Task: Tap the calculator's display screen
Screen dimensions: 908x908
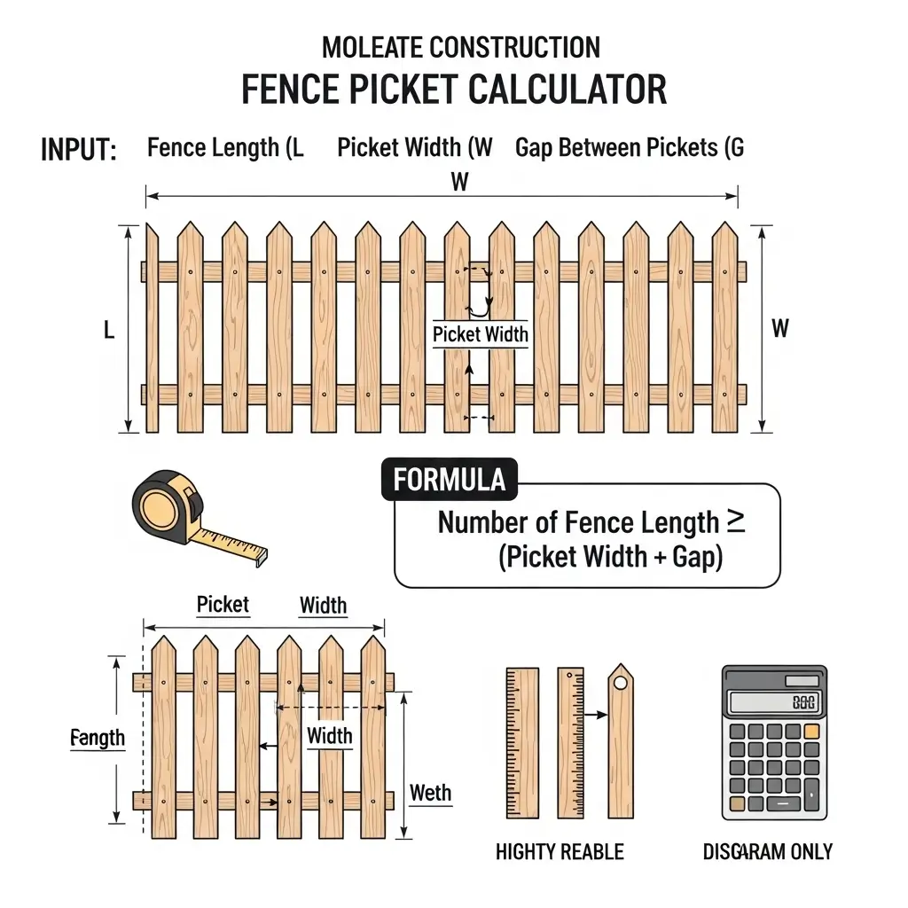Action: click(774, 703)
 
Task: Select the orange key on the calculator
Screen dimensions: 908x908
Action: click(812, 732)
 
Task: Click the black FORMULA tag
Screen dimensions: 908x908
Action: click(449, 480)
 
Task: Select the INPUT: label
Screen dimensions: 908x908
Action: click(79, 150)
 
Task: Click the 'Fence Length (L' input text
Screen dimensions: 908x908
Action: click(225, 148)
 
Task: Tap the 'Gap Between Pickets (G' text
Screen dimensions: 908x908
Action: click(630, 148)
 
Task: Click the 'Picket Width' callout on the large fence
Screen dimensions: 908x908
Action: click(480, 334)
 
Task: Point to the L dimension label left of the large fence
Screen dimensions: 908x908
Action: click(109, 331)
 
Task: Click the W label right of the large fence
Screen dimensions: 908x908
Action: click(779, 329)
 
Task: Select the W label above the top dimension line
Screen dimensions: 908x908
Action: click(459, 183)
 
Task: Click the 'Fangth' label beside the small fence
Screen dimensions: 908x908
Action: click(98, 738)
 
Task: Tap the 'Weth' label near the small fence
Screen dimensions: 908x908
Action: click(430, 793)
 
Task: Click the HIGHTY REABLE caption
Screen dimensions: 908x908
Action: click(560, 852)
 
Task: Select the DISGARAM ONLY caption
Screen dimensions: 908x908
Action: click(768, 852)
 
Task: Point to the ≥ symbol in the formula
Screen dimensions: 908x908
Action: click(736, 521)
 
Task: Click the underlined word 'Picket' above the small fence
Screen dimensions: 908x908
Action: click(223, 605)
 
